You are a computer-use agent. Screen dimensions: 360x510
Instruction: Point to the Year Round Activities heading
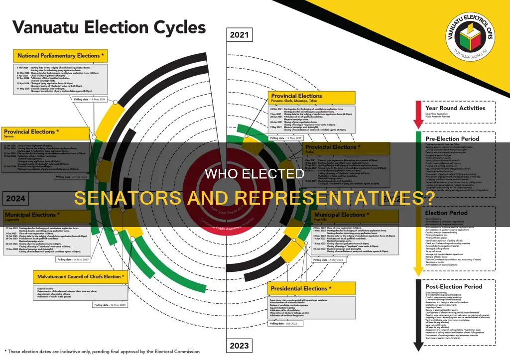(x=455, y=108)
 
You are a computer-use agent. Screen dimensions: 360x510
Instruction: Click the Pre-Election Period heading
(x=452, y=138)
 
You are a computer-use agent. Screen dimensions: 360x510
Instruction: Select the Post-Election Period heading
(x=454, y=287)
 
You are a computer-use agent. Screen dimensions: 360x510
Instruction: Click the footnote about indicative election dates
(x=102, y=351)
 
